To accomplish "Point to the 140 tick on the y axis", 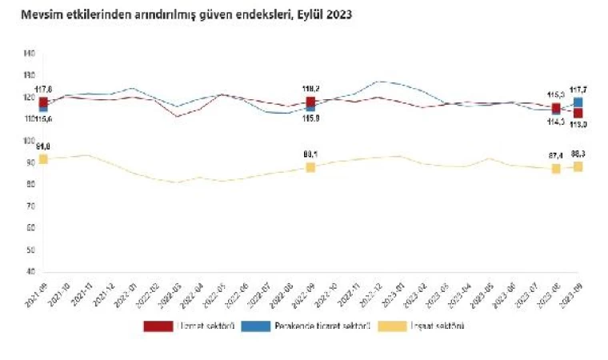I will pos(29,54).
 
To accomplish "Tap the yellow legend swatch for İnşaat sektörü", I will pos(395,326).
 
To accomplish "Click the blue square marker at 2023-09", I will pos(578,102).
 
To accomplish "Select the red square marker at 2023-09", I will pos(578,113).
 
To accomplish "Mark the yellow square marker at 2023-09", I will pos(578,166).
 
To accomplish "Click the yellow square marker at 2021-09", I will pos(43,159).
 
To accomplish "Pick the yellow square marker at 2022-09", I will pos(310,167).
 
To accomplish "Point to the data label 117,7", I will pos(578,90).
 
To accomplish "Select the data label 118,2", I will pos(311,90).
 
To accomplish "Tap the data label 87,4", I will pos(555,155).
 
